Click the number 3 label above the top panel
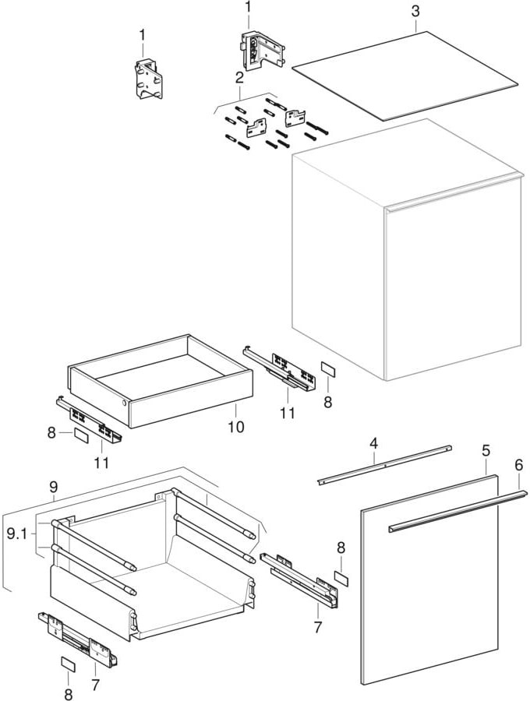(x=415, y=12)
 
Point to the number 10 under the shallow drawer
(x=235, y=427)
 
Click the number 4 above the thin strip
(x=374, y=443)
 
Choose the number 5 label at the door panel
(x=486, y=450)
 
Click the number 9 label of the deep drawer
(x=54, y=487)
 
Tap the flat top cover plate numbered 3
(x=405, y=75)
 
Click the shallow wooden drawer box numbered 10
(x=160, y=382)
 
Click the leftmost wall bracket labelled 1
(x=148, y=79)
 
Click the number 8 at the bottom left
(x=68, y=692)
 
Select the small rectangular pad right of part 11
(x=328, y=369)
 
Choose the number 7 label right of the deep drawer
(x=317, y=628)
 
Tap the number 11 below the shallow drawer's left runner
(x=102, y=463)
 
